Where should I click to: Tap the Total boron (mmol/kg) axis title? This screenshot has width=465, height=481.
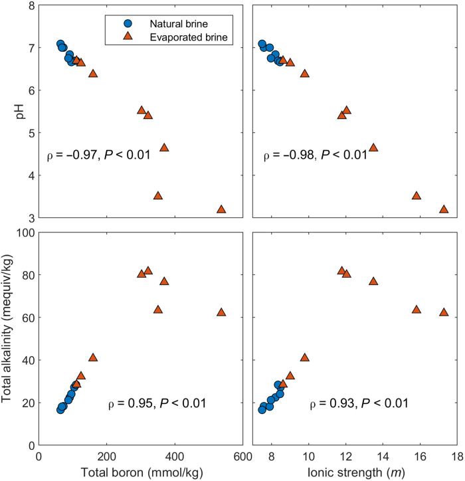point(141,473)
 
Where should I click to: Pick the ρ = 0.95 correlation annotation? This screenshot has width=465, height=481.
point(157,403)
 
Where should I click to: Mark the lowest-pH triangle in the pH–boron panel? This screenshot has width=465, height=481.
point(221,209)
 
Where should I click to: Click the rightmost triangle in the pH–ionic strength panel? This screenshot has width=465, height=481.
point(444,209)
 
